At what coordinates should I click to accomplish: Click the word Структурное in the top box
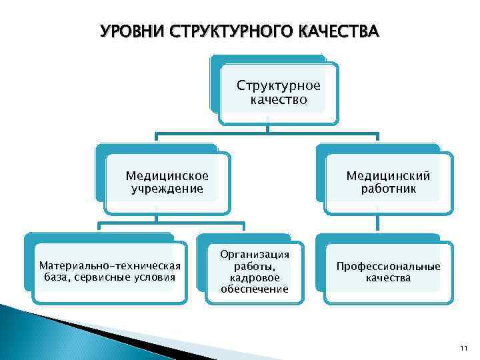pos(279,86)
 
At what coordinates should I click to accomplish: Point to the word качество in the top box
pos(279,100)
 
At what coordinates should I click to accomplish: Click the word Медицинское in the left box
pos(167,176)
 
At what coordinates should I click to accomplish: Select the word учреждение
pos(167,189)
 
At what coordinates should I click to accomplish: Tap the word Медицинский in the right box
pos(388,176)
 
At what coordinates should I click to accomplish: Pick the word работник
pos(388,189)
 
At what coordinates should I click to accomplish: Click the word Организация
pos(255,254)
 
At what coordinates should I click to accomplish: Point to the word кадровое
pos(255,277)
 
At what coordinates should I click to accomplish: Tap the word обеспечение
pos(255,289)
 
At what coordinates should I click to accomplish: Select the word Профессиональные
pos(388,266)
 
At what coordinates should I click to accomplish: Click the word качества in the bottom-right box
pos(388,277)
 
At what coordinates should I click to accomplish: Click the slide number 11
pos(465,349)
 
